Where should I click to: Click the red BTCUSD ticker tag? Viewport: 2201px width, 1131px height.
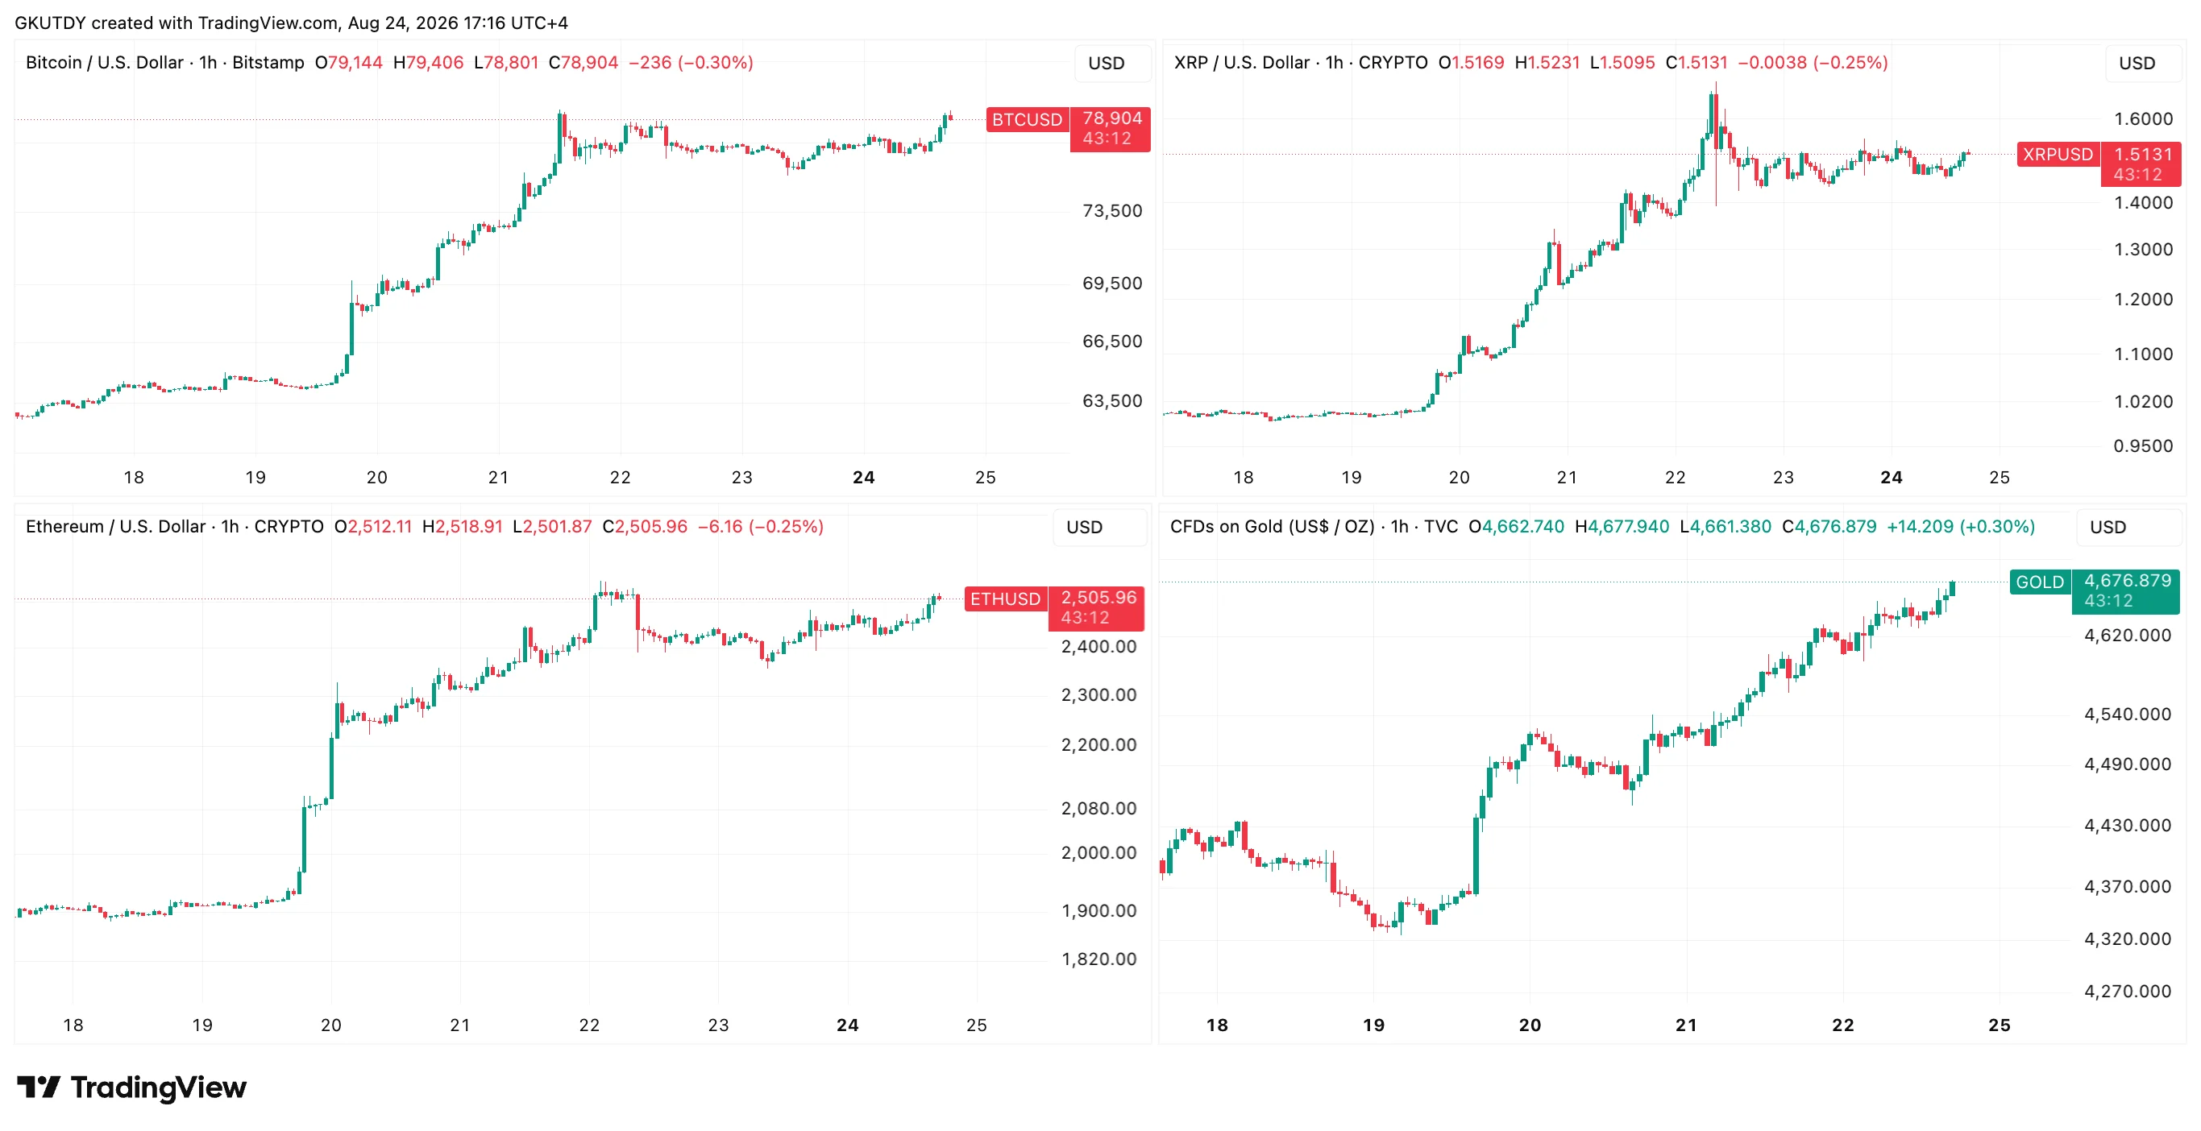click(1027, 119)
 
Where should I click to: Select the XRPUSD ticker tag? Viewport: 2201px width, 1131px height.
click(2058, 155)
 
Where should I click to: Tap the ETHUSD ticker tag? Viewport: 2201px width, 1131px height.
click(1006, 599)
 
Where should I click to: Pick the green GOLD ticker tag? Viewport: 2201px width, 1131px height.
click(2040, 582)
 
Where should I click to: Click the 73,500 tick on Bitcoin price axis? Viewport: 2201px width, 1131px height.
click(1111, 211)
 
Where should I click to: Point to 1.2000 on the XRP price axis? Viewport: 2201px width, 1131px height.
click(2143, 299)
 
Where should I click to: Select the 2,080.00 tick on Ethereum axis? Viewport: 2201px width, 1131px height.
click(1098, 808)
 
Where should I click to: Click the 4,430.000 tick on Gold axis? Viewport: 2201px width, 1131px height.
click(2128, 825)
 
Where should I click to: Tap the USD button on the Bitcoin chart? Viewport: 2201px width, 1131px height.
click(1107, 63)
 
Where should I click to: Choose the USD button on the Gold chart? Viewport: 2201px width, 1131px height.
click(2108, 527)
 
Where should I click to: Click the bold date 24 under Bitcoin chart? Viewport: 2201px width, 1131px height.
click(864, 478)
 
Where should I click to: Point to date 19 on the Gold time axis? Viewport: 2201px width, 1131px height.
click(1373, 1025)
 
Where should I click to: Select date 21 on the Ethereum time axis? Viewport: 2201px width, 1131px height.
click(459, 1025)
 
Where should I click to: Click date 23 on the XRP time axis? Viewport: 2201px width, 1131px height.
click(1784, 478)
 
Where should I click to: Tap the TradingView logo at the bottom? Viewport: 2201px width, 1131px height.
click(131, 1087)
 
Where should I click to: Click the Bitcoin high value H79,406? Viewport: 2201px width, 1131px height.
click(428, 62)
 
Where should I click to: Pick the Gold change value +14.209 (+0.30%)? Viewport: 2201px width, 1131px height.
click(1960, 526)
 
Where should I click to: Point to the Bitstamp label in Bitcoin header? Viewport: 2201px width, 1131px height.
click(268, 62)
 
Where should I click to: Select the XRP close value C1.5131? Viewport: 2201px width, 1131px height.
click(1696, 62)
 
